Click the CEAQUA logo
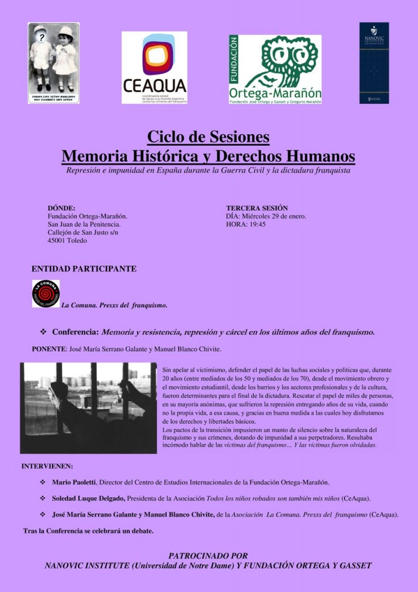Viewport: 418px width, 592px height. (154, 67)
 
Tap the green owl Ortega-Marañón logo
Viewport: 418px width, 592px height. (275, 69)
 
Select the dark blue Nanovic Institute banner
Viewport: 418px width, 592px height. (374, 63)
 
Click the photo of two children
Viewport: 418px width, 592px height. (54, 63)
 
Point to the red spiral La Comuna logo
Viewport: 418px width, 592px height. (46, 293)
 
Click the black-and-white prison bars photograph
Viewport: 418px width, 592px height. (88, 408)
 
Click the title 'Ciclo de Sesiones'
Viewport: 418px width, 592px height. (208, 137)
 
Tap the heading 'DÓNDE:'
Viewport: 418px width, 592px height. (61, 208)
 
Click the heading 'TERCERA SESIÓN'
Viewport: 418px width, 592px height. (257, 208)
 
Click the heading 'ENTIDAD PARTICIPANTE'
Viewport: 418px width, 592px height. (84, 269)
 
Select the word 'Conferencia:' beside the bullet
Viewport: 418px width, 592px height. (75, 332)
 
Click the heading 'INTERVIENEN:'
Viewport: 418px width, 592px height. (47, 466)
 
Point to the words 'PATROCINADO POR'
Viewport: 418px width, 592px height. (208, 556)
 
